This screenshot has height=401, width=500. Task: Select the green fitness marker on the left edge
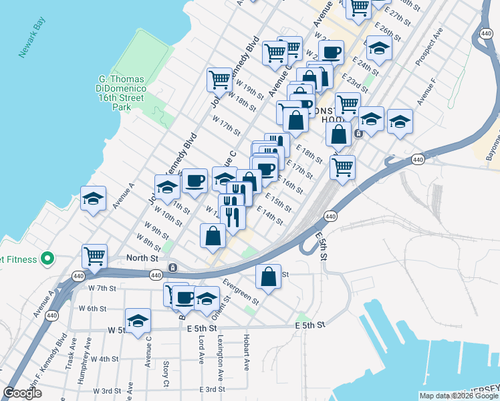[47, 258]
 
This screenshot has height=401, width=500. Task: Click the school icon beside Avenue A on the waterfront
[93, 198]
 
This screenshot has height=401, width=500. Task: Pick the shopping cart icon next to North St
[95, 256]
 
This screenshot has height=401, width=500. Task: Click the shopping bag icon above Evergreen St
[268, 276]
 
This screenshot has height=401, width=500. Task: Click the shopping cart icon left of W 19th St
[219, 80]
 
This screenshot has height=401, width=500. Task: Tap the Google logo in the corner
[22, 393]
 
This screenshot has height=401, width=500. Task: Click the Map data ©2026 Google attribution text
[459, 396]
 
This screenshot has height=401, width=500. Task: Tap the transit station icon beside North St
[172, 267]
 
